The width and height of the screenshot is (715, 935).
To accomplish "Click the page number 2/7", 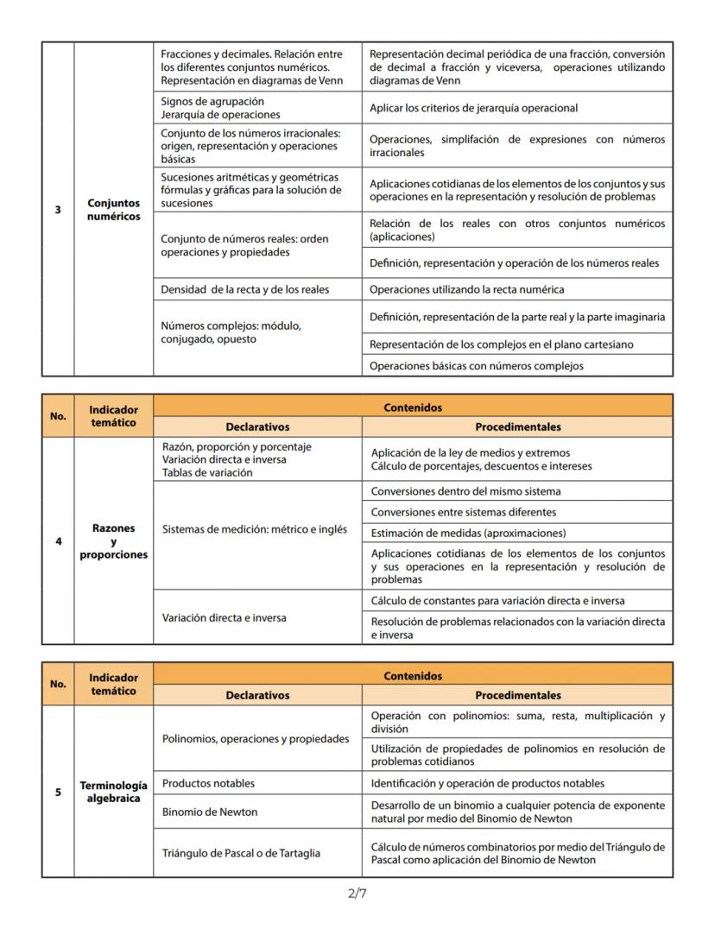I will tap(357, 894).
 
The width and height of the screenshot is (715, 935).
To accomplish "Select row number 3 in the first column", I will tap(58, 209).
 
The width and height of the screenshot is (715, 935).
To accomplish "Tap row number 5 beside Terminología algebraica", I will tap(58, 792).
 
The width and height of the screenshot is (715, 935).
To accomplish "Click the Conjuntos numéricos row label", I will tap(113, 210).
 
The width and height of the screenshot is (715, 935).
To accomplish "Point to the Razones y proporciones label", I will tap(113, 541).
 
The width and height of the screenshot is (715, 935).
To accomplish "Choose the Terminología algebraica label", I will tap(113, 792).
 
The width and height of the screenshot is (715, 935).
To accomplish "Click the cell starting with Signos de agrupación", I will tap(257, 108).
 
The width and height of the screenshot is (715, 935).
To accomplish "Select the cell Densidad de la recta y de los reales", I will tap(257, 289).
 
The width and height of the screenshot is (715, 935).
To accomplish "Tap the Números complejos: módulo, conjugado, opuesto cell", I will tap(257, 333).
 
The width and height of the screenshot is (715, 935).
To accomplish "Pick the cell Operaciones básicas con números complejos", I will tap(516, 365).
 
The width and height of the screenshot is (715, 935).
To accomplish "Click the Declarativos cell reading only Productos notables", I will tap(257, 783).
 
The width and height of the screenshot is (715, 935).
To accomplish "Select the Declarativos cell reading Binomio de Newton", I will tap(257, 812).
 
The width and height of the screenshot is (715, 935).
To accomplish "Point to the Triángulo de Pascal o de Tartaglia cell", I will tap(257, 853).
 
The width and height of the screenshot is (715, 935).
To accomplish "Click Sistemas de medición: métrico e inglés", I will tap(257, 529).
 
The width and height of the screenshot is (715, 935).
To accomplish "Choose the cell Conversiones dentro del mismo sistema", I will tap(516, 491).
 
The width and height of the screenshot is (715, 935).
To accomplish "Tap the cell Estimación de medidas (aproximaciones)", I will tap(516, 533).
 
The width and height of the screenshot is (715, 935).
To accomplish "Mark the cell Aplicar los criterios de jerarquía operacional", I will tap(516, 108).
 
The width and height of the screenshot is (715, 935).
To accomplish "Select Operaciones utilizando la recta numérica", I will tap(516, 289).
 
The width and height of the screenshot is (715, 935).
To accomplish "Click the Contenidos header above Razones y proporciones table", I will tap(412, 406).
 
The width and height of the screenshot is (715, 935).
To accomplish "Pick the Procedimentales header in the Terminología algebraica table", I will tap(516, 695).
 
